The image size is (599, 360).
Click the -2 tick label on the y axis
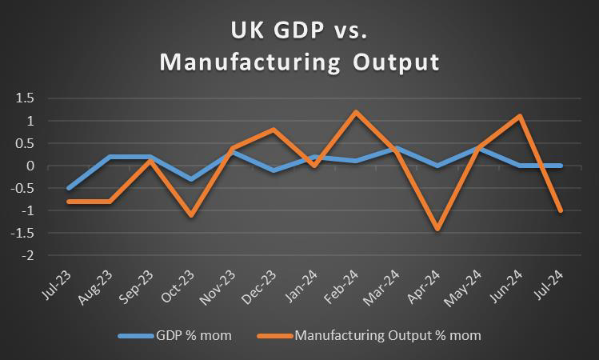click(30, 256)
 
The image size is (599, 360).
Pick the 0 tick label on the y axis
click(33, 166)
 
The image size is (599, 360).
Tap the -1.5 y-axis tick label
click(25, 234)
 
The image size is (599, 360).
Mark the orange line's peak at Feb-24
click(355, 112)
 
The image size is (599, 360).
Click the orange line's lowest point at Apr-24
click(437, 229)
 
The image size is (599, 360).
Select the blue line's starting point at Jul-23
click(70, 188)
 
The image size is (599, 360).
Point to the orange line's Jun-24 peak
click(520, 117)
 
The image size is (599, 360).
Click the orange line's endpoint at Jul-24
click(561, 210)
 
